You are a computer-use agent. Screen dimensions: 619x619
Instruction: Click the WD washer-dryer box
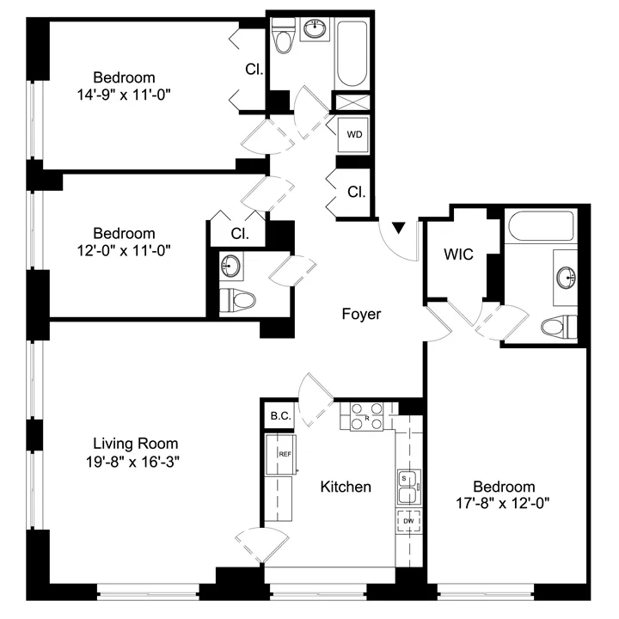coord(353,135)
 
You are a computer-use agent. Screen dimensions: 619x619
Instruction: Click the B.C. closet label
coord(280,416)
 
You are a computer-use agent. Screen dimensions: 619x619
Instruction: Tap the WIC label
coord(458,255)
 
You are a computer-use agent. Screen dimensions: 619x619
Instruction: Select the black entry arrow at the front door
coord(398,228)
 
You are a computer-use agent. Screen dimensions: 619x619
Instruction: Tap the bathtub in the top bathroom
coord(352,54)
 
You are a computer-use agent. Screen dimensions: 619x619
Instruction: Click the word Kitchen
coord(346,487)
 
